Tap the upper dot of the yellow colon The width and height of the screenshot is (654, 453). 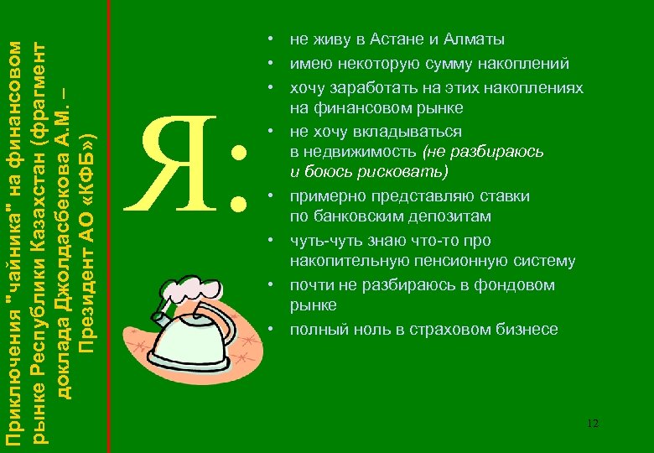pos(240,154)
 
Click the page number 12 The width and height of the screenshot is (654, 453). pos(593,424)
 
